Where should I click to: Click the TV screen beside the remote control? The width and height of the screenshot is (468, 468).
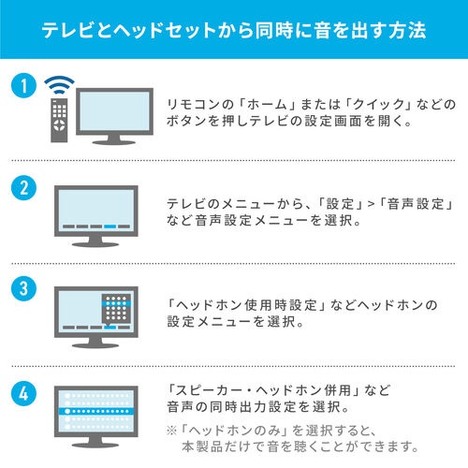point(113,113)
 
